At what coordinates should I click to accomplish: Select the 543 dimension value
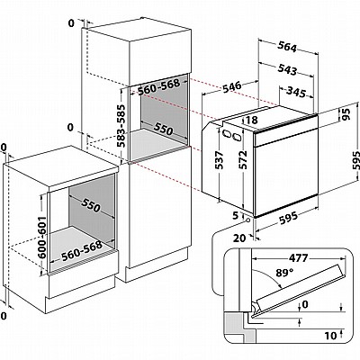287,69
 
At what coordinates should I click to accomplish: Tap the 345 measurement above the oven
295,92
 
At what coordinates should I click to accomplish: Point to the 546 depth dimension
231,86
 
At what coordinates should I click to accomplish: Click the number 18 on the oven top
251,120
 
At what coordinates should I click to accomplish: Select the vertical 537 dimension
220,160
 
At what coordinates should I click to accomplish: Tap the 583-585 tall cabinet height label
121,126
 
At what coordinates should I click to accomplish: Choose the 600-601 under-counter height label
42,237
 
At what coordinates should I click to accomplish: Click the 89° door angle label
284,273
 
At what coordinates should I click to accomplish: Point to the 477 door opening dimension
298,257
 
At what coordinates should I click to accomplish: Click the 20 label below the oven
239,238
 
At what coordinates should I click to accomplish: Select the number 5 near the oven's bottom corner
236,215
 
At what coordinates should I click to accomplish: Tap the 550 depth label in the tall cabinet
164,129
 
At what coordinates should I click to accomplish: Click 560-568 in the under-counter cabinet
82,251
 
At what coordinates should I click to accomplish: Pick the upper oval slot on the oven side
226,133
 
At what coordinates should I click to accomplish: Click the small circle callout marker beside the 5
248,220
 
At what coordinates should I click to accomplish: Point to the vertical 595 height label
356,160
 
